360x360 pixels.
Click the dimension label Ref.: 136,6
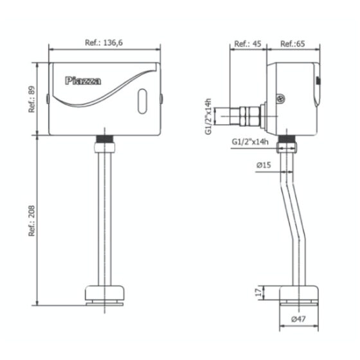tap(104, 43)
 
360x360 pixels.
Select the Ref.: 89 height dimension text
tap(32, 100)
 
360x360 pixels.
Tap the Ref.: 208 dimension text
tap(32, 221)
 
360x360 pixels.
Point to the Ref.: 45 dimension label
tap(248, 44)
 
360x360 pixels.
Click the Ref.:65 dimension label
tap(292, 44)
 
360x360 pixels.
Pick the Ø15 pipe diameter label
tap(264, 165)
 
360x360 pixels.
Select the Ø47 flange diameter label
tap(298, 319)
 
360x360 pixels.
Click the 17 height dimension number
tap(258, 292)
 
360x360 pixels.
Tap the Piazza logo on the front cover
tap(83, 81)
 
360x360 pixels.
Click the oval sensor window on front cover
tap(142, 102)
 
